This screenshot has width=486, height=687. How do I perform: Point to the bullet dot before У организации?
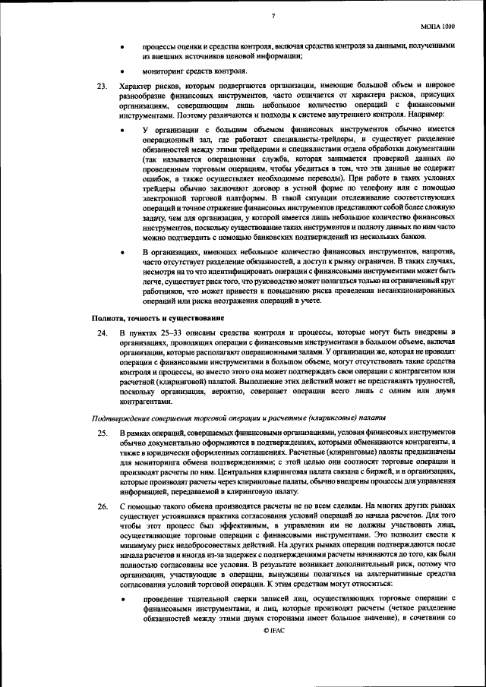point(125,131)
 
